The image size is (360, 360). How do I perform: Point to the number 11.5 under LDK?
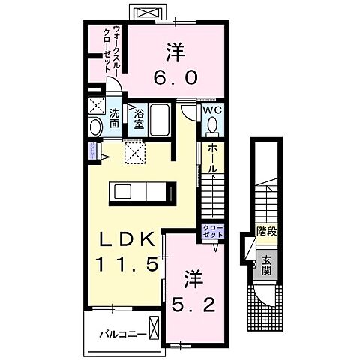tap(126, 264)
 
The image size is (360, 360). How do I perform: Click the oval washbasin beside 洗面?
tap(95, 127)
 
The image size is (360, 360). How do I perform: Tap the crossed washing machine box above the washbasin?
tap(97, 105)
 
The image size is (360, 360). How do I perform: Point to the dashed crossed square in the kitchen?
tap(136, 154)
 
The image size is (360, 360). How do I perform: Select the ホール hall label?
tap(212, 159)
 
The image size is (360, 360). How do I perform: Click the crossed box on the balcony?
tap(154, 330)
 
